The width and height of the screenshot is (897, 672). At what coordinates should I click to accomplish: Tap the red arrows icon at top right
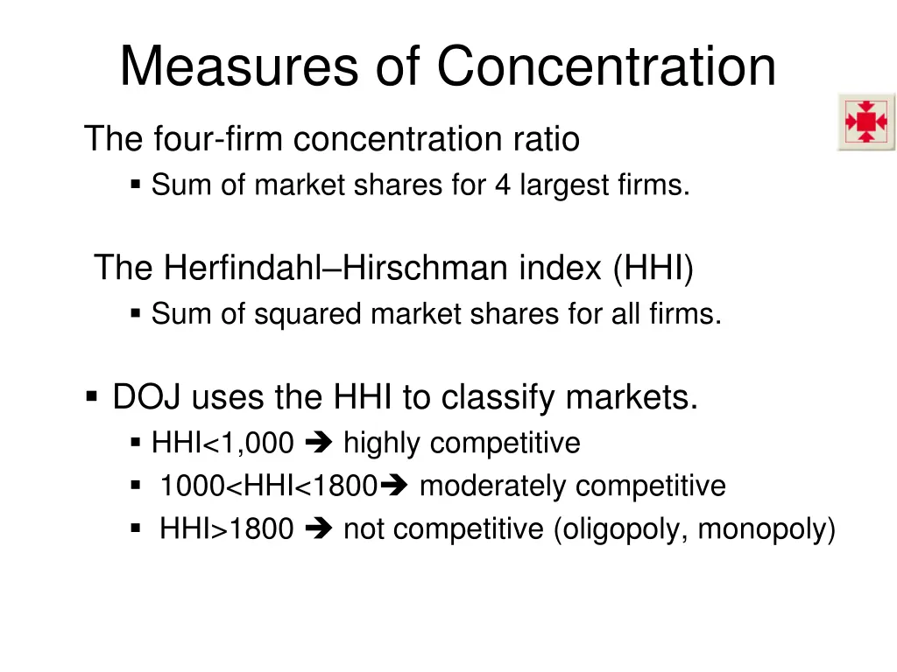coord(865,122)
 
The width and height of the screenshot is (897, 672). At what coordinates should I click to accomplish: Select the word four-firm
coord(218,139)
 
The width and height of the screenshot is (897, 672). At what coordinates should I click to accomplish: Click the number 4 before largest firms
coord(502,185)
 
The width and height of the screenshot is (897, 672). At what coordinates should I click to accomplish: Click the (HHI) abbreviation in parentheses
coord(653,267)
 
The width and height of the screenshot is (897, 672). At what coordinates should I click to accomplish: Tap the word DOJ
coord(146,398)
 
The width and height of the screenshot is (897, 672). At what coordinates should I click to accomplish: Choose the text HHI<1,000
coord(222,444)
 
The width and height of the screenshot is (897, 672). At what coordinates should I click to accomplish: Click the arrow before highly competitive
coord(318,444)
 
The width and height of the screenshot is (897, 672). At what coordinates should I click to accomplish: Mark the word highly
coord(382,444)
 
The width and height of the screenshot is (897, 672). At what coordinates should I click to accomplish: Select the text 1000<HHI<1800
coord(268,486)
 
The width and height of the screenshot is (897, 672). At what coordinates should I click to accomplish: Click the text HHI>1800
coord(226,529)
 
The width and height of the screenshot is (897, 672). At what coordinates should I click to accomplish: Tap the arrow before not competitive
coord(318,529)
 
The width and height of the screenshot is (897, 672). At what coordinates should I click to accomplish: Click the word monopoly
coord(765,529)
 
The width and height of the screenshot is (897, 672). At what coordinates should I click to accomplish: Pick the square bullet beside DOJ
coord(92,397)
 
